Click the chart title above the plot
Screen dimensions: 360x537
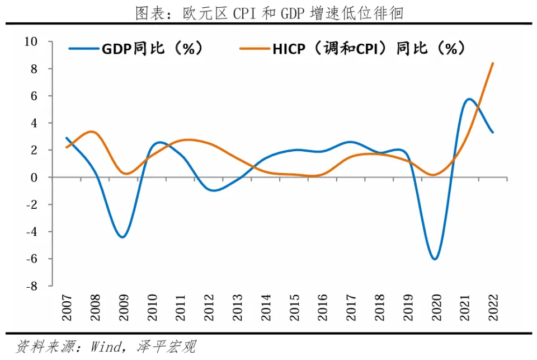[269, 12]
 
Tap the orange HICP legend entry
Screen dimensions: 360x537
[352, 49]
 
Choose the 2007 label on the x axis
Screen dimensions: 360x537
[67, 307]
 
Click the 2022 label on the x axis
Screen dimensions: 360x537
[493, 307]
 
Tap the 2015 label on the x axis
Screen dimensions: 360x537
[294, 307]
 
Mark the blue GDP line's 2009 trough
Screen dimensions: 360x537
[123, 237]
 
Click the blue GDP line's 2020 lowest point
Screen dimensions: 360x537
[435, 259]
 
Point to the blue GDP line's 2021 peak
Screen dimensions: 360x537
[469, 99]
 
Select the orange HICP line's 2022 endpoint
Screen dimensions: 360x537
[493, 63]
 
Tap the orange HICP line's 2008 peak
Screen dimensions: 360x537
[93, 132]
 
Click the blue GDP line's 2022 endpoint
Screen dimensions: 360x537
[493, 133]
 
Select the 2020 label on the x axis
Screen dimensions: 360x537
[436, 307]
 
